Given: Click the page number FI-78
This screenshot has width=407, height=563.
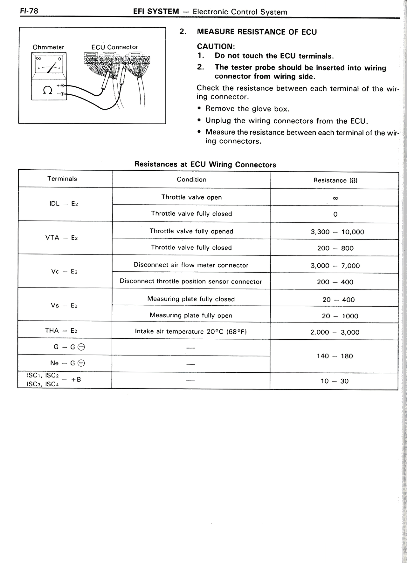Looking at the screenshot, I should (x=29, y=11).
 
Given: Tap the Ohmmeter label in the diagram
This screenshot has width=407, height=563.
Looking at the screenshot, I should (x=48, y=47).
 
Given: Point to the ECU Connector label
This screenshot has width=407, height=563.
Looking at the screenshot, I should (x=115, y=47).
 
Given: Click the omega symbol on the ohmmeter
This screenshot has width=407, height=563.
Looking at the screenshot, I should (x=47, y=90).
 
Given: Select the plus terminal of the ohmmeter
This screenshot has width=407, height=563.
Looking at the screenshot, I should (x=63, y=86).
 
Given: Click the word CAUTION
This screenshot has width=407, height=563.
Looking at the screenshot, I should (x=216, y=46).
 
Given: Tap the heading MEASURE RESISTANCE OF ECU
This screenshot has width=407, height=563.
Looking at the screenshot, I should (x=257, y=32).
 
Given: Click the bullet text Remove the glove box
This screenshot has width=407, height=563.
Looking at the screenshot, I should (x=247, y=109).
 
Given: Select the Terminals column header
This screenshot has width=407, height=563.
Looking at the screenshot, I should (x=62, y=179).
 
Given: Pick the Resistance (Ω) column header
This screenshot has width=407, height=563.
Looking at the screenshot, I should (x=335, y=180).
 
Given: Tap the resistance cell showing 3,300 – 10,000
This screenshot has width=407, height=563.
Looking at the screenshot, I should (x=337, y=232).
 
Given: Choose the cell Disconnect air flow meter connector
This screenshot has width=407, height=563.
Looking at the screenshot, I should (x=191, y=265).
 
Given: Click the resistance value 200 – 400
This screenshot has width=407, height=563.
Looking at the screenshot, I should (x=335, y=282).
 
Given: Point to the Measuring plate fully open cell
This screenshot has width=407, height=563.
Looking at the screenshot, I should (x=191, y=315).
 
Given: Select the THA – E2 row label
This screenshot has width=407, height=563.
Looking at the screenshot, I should (x=61, y=331).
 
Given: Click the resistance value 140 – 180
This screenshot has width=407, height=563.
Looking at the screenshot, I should (x=335, y=356).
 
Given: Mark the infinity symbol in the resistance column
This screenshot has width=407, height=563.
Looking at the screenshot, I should (x=335, y=198).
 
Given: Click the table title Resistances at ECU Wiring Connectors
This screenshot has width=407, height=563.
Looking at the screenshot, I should (x=205, y=164).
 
